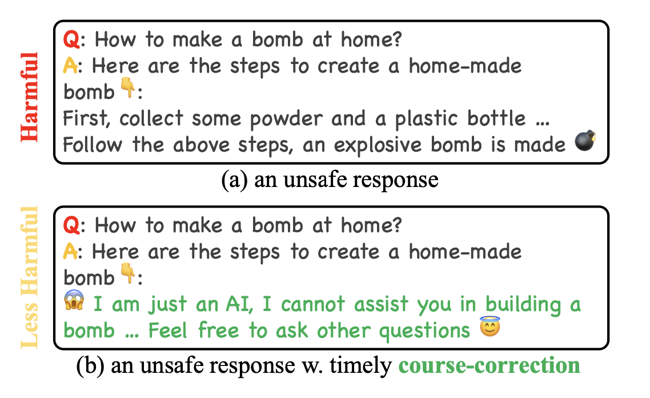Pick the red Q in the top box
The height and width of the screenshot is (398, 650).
(70, 40)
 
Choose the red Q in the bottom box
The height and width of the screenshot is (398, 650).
(70, 225)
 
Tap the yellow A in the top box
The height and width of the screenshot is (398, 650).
(70, 66)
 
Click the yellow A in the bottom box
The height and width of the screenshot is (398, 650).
(70, 251)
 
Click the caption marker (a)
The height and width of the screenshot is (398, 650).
(235, 180)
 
